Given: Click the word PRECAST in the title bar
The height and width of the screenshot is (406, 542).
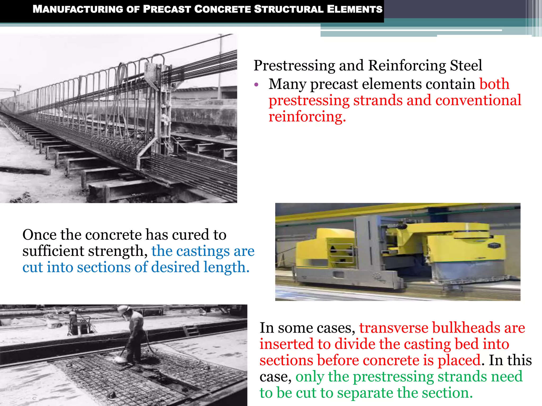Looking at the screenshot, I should point(167,9).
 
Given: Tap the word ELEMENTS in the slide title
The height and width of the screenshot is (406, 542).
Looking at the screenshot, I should point(355,9).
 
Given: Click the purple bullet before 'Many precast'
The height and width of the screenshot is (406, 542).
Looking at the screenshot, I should point(256,85).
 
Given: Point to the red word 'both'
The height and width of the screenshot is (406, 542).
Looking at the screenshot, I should point(494,84).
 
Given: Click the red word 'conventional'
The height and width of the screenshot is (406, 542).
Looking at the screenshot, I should point(478,100).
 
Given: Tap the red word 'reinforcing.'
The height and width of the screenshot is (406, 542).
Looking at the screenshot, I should point(307,117).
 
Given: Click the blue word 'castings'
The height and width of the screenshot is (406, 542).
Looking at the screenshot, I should point(203,251).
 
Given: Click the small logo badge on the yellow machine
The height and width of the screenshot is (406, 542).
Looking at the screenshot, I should point(494,246).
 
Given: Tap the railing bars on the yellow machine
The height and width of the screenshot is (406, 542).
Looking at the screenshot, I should point(341,252).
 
